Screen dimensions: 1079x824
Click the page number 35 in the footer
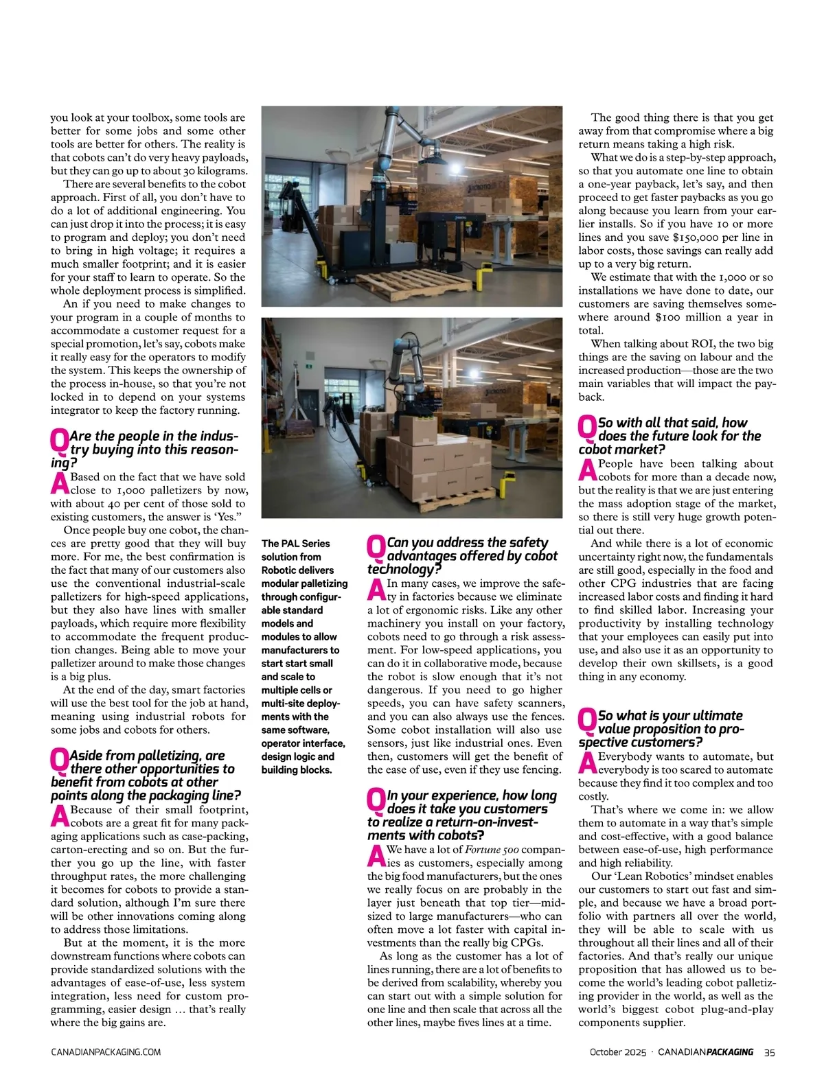pos(770,1052)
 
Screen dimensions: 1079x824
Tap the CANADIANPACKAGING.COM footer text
pos(106,1052)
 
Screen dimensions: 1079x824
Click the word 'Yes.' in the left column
pos(230,517)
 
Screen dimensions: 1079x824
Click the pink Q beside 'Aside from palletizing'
pos(60,761)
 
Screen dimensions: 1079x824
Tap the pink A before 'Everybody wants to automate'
pos(587,761)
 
